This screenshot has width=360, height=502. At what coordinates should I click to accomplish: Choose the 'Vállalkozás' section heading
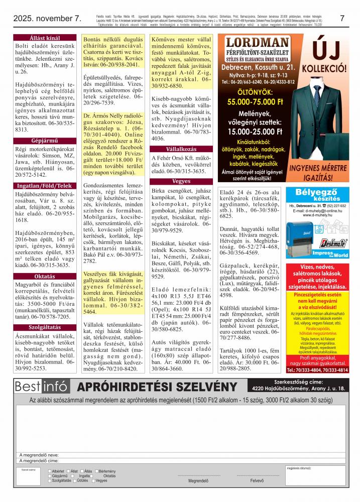coord(181,150)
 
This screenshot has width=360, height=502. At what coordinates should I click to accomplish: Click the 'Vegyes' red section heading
coord(181,181)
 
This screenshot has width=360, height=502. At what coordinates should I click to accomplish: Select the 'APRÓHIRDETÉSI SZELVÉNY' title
coord(157,387)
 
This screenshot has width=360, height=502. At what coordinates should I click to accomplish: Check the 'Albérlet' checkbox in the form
coord(49,471)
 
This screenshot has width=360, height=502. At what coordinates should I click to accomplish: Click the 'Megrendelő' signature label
coord(198,480)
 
